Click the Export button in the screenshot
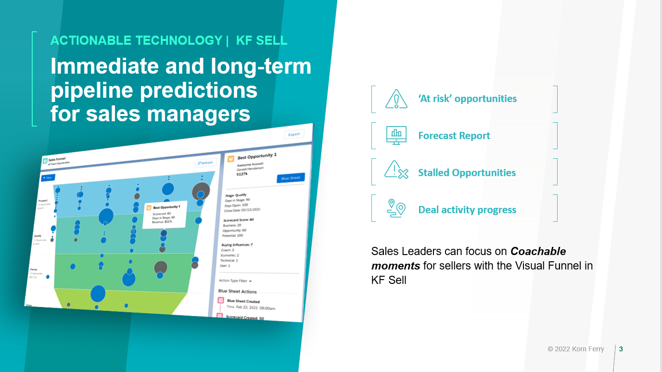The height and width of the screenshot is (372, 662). point(294,134)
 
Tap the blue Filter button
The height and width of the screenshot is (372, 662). point(48,178)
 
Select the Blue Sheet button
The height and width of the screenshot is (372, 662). point(291,178)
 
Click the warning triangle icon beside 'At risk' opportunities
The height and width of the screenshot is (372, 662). point(396,99)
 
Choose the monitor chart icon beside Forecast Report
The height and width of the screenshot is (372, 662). point(396,136)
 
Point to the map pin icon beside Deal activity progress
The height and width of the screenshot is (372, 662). point(396,208)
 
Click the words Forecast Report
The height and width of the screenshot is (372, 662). point(454,136)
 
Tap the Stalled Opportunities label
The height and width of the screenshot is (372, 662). point(467,173)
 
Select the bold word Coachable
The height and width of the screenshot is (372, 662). point(538,251)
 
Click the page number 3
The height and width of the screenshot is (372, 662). point(621,349)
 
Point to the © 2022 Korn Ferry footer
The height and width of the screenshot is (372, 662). point(575,349)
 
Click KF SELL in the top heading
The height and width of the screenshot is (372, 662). point(262,40)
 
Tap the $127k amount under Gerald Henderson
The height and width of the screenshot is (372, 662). point(242,175)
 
